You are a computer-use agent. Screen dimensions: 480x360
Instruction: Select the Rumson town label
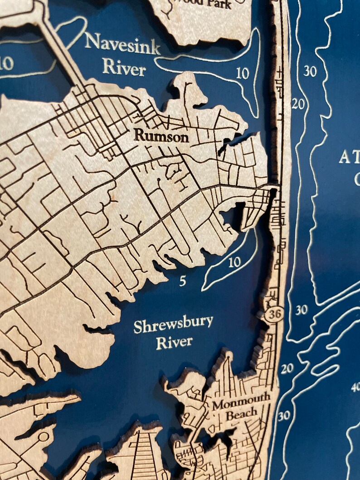tap(161, 136)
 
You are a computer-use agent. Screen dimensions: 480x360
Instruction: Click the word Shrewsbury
tap(173, 325)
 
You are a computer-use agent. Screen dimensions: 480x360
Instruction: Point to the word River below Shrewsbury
tap(174, 342)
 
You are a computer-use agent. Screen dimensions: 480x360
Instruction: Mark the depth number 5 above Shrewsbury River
tap(182, 281)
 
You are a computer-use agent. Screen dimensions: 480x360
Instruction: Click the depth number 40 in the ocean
tap(355, 387)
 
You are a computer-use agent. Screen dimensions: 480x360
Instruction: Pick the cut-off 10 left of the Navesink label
tap(6, 63)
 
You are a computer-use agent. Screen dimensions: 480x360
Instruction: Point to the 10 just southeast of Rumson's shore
tap(234, 262)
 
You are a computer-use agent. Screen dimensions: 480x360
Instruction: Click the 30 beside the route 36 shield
tap(301, 310)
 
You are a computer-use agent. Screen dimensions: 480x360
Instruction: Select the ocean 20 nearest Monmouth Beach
tap(287, 369)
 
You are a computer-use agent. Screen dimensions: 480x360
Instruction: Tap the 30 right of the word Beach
tap(284, 416)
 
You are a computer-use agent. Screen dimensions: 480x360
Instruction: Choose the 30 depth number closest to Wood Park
tap(310, 71)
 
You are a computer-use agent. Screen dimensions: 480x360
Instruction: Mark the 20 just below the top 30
tap(298, 104)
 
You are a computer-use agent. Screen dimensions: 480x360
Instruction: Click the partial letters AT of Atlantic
tap(349, 158)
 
